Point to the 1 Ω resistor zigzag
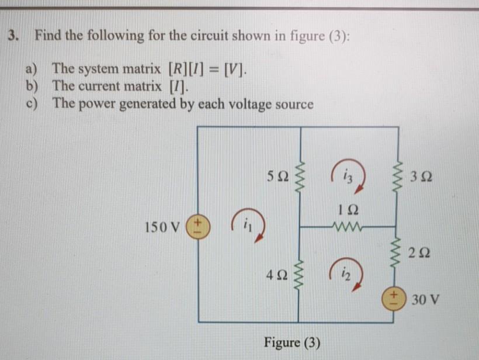point(348,225)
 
